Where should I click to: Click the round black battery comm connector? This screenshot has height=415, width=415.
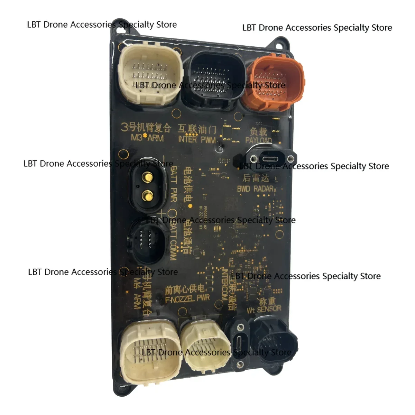coord(146,241)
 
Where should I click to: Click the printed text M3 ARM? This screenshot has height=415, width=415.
coord(147,138)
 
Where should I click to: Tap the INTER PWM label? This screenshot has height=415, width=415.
coord(197,139)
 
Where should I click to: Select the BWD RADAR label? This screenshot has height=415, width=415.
coord(256,189)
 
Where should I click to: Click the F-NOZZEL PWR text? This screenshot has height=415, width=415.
coord(187,298)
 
